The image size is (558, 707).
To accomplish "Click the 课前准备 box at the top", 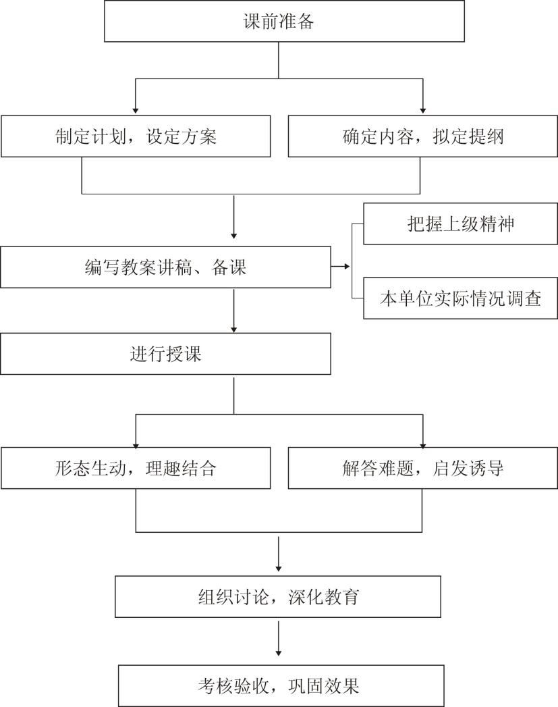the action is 284,21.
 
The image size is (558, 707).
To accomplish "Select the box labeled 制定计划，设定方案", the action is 136,136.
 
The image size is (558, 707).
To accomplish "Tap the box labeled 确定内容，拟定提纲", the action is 422,136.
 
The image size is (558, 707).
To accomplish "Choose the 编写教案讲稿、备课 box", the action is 166,267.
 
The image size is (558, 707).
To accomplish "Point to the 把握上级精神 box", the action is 460,224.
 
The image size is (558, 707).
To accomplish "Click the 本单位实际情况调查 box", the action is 460,298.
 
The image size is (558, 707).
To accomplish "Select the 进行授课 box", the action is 166,354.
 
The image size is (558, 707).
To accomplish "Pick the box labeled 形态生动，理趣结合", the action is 136,468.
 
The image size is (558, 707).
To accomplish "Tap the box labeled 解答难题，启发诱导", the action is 422,468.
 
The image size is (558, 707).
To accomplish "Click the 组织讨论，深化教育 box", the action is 278,596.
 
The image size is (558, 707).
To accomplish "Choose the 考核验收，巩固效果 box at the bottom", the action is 281,686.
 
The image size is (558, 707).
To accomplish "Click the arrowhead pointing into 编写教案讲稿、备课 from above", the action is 233,236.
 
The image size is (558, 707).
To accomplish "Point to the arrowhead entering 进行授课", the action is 233,330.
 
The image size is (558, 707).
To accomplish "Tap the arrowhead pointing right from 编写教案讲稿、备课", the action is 347,267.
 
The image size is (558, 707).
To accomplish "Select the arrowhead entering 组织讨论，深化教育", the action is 278,569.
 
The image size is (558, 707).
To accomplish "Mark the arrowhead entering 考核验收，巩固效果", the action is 278,652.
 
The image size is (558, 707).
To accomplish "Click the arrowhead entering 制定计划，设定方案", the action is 136,111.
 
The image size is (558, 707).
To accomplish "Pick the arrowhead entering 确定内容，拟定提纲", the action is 422,111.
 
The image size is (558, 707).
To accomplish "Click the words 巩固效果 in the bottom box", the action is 323,686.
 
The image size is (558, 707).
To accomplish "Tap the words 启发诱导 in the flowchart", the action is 468,469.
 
